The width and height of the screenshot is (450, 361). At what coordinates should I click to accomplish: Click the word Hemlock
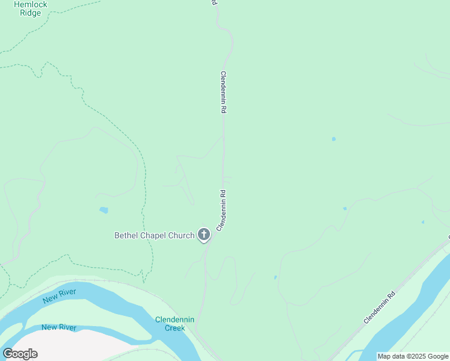click(x=30, y=4)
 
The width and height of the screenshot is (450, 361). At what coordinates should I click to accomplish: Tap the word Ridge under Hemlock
click(x=30, y=13)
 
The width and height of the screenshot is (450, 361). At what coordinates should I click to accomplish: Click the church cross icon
click(x=204, y=235)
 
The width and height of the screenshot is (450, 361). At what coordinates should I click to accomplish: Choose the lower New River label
click(x=59, y=327)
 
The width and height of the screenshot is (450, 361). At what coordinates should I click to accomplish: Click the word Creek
click(x=174, y=329)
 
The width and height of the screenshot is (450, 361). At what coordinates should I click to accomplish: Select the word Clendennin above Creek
click(x=174, y=319)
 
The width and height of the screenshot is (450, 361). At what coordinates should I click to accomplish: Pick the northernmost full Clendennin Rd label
click(x=223, y=93)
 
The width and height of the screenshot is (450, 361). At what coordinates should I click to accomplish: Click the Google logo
click(x=20, y=353)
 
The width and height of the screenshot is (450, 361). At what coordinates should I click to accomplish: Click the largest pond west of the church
click(x=104, y=211)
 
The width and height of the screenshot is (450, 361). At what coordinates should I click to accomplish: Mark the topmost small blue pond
click(x=333, y=139)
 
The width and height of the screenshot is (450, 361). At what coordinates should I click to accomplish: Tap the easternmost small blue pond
click(x=423, y=222)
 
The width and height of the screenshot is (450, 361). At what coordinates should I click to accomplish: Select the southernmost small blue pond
click(x=275, y=277)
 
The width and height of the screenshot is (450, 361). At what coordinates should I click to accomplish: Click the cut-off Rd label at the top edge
click(x=213, y=2)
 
